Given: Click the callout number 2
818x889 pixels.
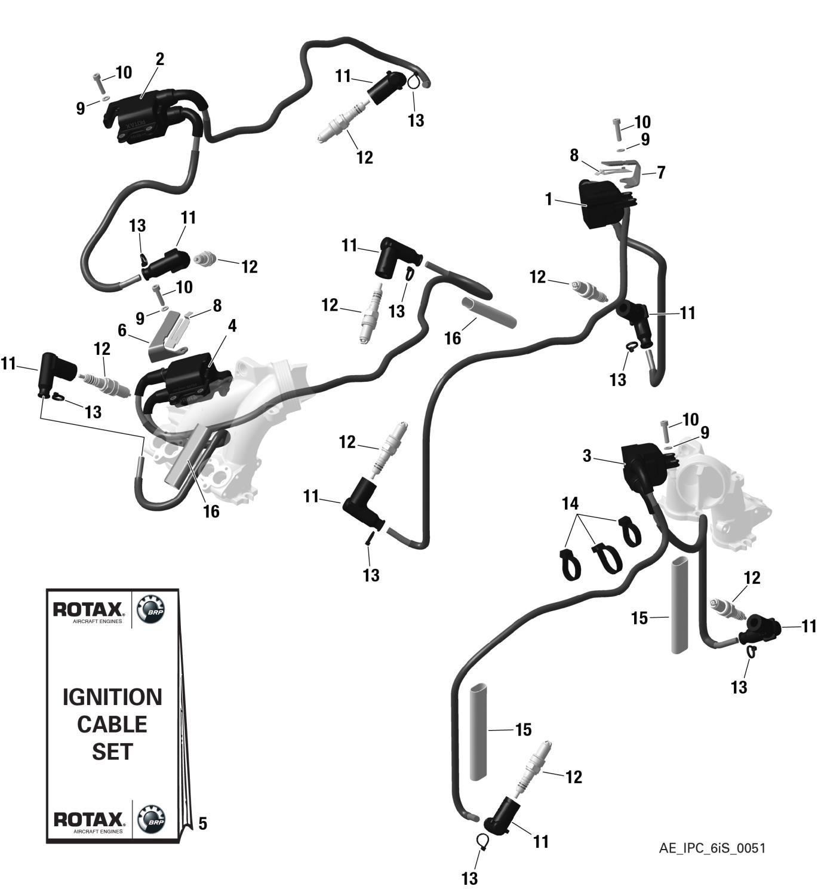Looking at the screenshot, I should tap(159, 59).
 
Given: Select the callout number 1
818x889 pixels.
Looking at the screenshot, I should tap(549, 200).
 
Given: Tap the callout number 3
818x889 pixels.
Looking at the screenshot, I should tap(588, 456).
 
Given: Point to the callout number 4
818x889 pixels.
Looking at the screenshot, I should tap(232, 326).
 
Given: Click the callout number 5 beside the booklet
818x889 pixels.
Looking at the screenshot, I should tap(202, 824).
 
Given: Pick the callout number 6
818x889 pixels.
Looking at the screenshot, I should tap(122, 330).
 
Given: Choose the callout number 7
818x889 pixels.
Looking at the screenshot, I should tap(661, 173).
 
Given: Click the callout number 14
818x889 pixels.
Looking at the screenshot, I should tap(570, 503).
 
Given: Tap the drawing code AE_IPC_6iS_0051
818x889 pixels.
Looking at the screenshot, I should tap(712, 848).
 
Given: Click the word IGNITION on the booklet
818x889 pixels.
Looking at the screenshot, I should tap(112, 697).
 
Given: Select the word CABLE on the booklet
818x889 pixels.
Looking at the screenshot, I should tap(112, 724).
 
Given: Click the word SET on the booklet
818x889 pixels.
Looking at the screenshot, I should tap(112, 752).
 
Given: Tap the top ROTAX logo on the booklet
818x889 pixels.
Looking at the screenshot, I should tap(89, 611).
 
